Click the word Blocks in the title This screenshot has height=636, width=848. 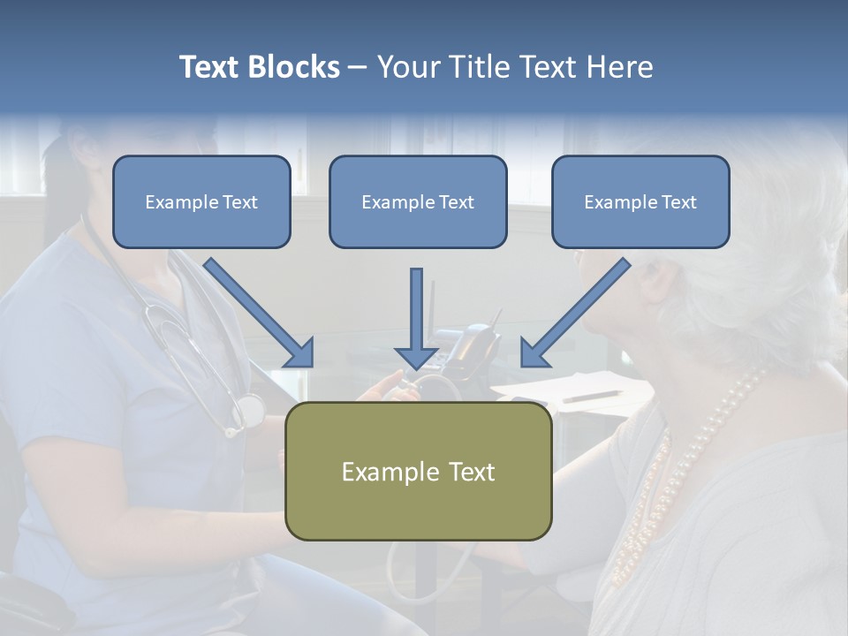point(294,66)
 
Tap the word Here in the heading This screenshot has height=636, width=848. point(620,66)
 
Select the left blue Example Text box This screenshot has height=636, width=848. point(201,201)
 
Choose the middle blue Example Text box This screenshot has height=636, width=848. point(418,201)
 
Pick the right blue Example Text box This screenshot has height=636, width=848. point(640,201)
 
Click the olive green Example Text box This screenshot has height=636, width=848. point(419,471)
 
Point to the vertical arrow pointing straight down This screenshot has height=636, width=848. point(416,319)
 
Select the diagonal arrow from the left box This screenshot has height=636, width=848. point(259,313)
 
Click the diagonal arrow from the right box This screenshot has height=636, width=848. point(576,313)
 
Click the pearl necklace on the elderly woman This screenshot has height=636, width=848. point(687,476)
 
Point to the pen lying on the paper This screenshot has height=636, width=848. point(592,397)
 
